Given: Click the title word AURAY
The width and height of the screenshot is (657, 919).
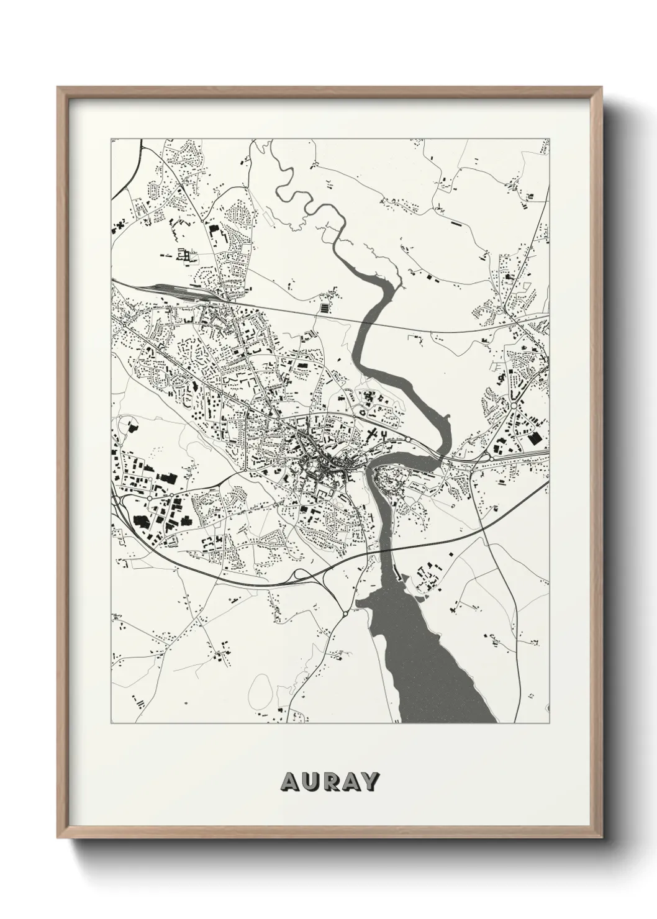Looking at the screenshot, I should [329, 781].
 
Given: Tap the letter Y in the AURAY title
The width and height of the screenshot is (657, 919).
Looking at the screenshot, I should [369, 781].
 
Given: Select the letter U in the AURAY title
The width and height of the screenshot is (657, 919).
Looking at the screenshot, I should [309, 781].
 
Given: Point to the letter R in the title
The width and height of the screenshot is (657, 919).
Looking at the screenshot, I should [329, 781].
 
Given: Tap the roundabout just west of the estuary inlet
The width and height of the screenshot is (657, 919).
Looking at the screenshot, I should [345, 613].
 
